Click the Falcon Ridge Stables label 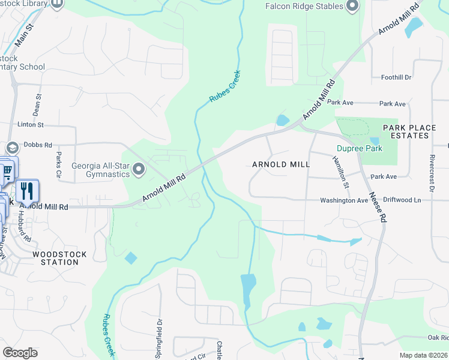304,6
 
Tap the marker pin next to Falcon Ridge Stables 352,7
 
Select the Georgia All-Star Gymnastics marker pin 139,170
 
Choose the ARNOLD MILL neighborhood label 281,164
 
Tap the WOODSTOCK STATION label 59,259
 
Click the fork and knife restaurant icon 27,191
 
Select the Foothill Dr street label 396,77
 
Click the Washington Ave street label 343,200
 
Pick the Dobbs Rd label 38,145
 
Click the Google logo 20,353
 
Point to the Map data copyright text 423,355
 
